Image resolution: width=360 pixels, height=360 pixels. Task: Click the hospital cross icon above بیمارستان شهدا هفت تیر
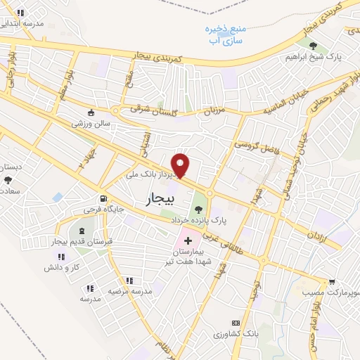(188, 240)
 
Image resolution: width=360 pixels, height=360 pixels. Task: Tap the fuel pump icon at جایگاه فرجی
(104, 199)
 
